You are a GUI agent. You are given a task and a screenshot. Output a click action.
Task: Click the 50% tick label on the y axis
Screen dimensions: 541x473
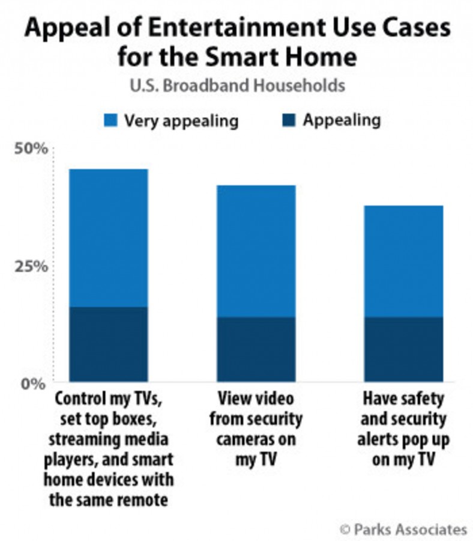click(x=29, y=148)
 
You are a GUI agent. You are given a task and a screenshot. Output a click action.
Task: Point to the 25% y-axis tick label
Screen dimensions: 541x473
click(x=29, y=266)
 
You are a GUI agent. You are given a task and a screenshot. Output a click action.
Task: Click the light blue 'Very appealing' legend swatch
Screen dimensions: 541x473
click(x=110, y=120)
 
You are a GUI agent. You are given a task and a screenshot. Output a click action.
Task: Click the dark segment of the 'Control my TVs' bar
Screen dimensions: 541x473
click(x=108, y=344)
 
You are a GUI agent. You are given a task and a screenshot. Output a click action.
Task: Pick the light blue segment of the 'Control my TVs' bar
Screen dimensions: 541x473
click(x=108, y=238)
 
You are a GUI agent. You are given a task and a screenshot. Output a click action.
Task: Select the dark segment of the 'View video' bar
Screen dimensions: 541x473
click(x=256, y=349)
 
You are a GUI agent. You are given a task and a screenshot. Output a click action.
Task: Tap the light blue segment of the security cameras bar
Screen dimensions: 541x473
click(x=256, y=251)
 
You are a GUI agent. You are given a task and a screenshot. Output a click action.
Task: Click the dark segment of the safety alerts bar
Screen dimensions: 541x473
click(x=404, y=349)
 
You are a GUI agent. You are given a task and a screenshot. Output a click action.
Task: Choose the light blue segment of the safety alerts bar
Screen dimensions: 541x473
click(x=404, y=261)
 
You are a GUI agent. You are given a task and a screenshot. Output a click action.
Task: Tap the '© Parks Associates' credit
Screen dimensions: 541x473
click(x=403, y=529)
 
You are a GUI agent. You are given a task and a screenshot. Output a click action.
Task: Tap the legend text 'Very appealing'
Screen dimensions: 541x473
click(x=181, y=120)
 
